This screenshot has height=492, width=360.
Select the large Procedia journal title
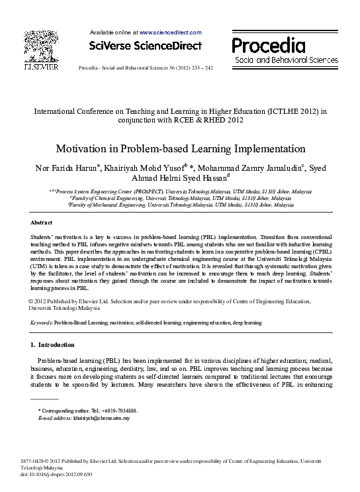pyautogui.click(x=268, y=46)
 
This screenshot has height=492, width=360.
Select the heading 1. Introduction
pyautogui.click(x=53, y=345)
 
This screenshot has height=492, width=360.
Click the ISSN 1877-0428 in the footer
pyautogui.click(x=34, y=459)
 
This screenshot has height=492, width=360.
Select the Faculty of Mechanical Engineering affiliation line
pyautogui.click(x=180, y=205)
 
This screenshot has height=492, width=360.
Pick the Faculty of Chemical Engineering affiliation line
pyautogui.click(x=180, y=198)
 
